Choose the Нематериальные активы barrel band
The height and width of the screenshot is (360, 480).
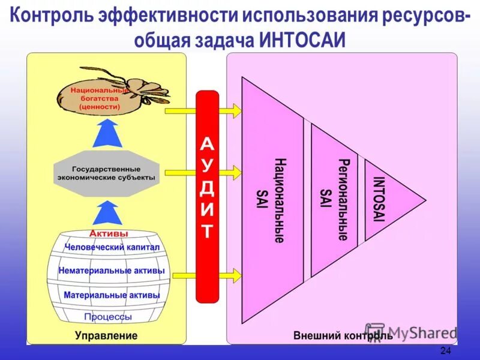coord(112,271)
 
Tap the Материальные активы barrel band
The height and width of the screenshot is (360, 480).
coord(112,295)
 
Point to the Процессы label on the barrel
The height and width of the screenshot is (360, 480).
coord(108,316)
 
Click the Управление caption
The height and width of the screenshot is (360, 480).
coord(106,335)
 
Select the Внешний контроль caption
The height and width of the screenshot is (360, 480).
coord(343,335)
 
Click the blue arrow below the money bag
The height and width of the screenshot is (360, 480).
coord(109,133)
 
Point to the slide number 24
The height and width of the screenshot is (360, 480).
coord(445,350)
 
